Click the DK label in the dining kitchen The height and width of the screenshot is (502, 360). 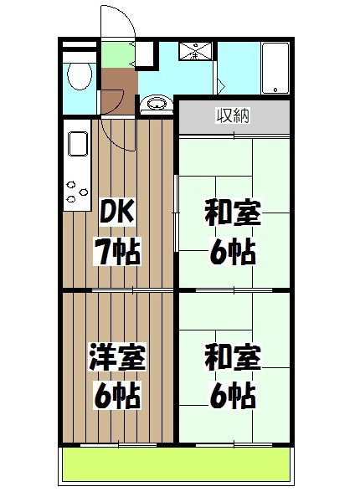pyautogui.click(x=116, y=214)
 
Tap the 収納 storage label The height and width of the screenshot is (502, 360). pyautogui.click(x=234, y=116)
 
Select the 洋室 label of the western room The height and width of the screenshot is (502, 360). pyautogui.click(x=118, y=357)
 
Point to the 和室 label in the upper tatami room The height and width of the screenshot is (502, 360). pyautogui.click(x=233, y=214)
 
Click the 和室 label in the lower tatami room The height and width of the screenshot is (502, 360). pyautogui.click(x=233, y=357)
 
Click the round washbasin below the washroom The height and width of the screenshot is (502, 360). pyautogui.click(x=154, y=105)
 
